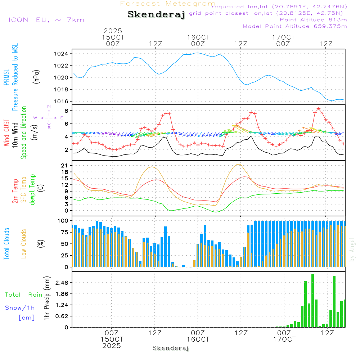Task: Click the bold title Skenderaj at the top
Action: (x=156, y=15)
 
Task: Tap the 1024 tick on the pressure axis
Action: (x=62, y=54)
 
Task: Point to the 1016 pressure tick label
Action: (x=62, y=102)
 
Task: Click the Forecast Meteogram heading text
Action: (x=168, y=4)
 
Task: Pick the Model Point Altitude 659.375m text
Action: (x=295, y=26)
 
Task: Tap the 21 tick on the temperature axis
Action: (x=66, y=165)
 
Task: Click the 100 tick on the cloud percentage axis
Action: (x=64, y=220)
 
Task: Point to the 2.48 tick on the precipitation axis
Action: (x=61, y=283)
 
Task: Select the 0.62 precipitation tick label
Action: (x=61, y=316)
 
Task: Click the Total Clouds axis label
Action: (x=6, y=244)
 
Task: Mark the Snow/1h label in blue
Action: (x=20, y=308)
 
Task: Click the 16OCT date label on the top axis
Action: (x=198, y=37)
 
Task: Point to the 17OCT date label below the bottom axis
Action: (x=284, y=339)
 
